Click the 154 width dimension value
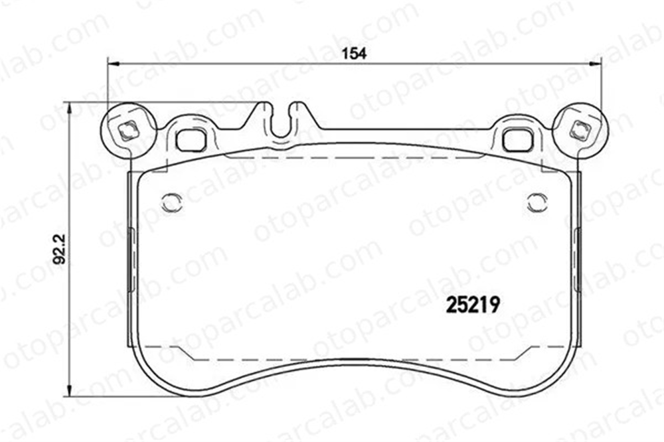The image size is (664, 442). (x=354, y=54)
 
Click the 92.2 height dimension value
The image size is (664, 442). (x=60, y=250)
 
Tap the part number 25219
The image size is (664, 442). (x=473, y=305)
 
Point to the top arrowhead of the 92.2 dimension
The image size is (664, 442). (x=69, y=108)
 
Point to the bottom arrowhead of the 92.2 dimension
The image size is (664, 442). (x=69, y=390)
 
